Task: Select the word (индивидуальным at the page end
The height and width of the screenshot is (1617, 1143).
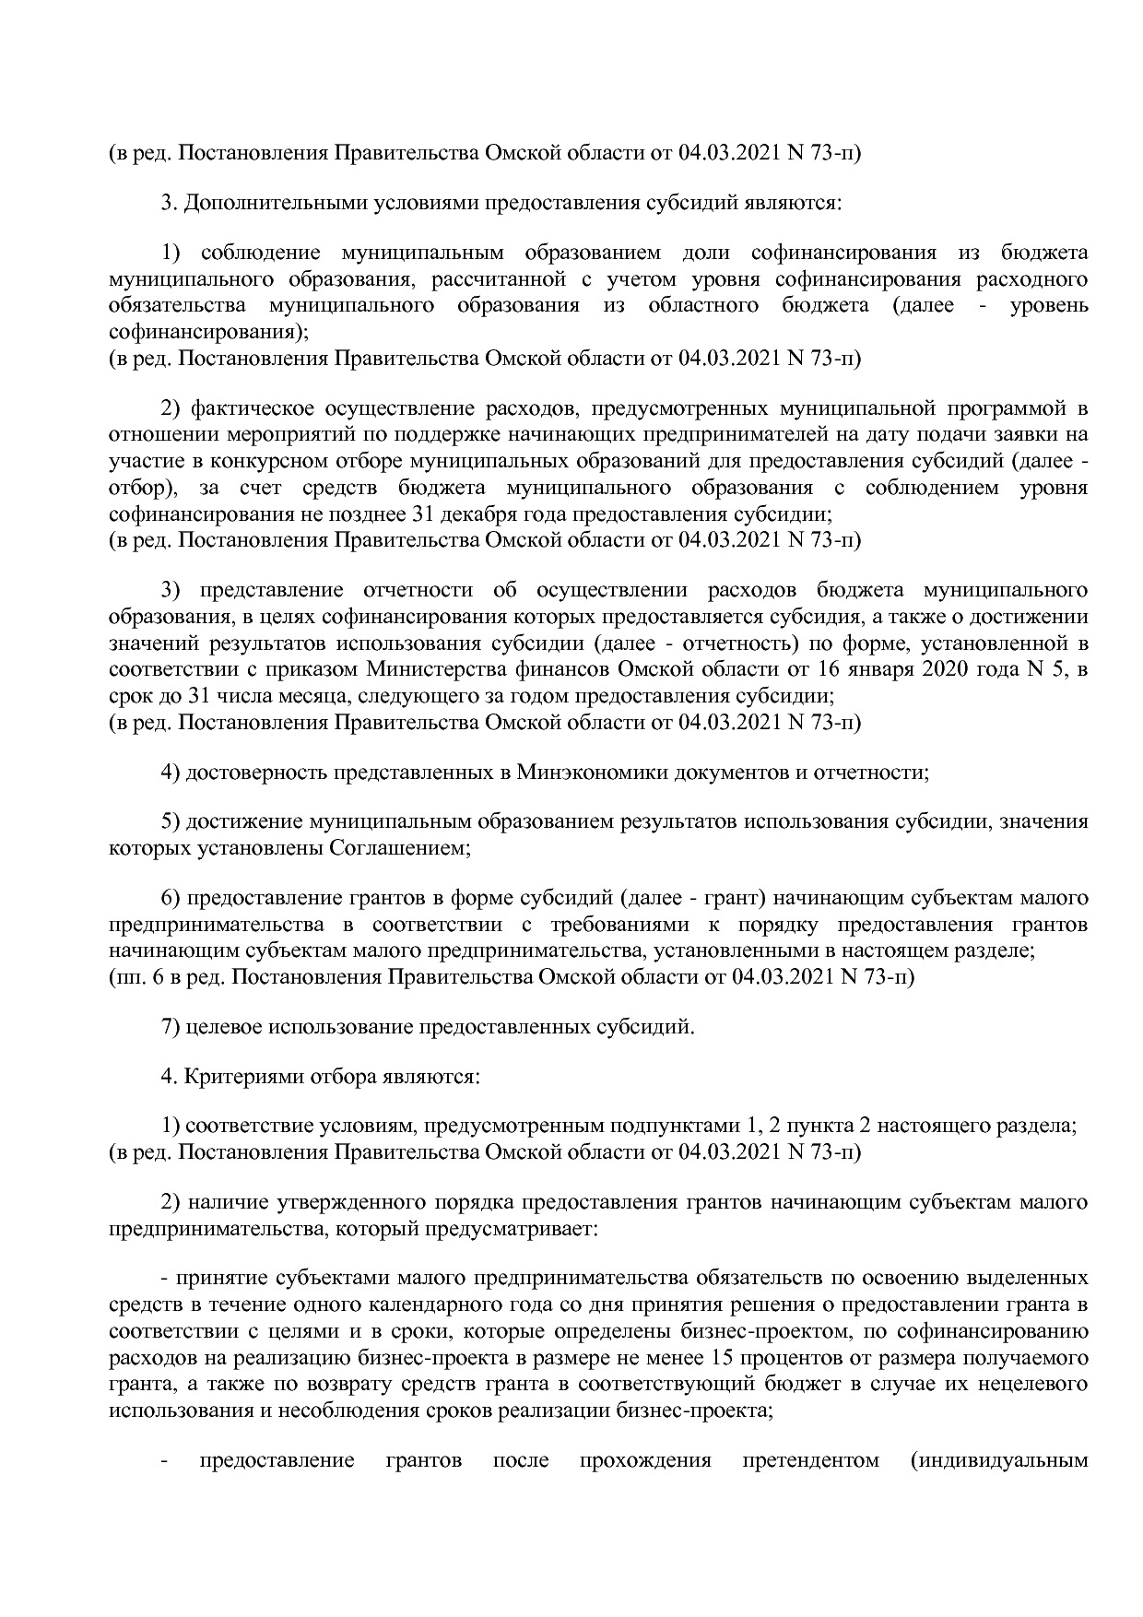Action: click(x=998, y=1460)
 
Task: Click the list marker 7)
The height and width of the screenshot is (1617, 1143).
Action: click(x=170, y=1026)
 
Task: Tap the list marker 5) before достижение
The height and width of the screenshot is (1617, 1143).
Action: click(x=170, y=821)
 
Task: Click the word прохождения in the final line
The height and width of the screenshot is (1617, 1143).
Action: click(x=645, y=1460)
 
